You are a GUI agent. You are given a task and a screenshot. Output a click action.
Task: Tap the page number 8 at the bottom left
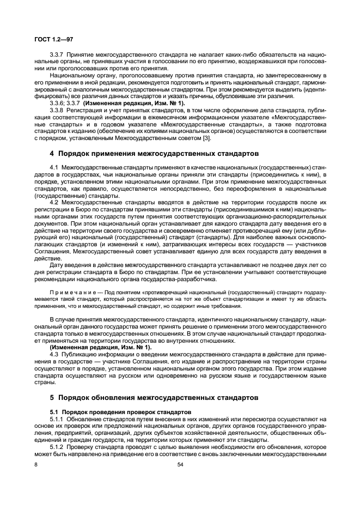[36, 465]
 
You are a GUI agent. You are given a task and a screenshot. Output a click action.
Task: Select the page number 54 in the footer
[180, 465]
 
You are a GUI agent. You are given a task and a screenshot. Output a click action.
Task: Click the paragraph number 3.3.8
[57, 109]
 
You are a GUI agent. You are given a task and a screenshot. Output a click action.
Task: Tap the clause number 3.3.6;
[58, 102]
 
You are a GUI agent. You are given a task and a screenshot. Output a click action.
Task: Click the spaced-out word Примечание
[69, 292]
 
